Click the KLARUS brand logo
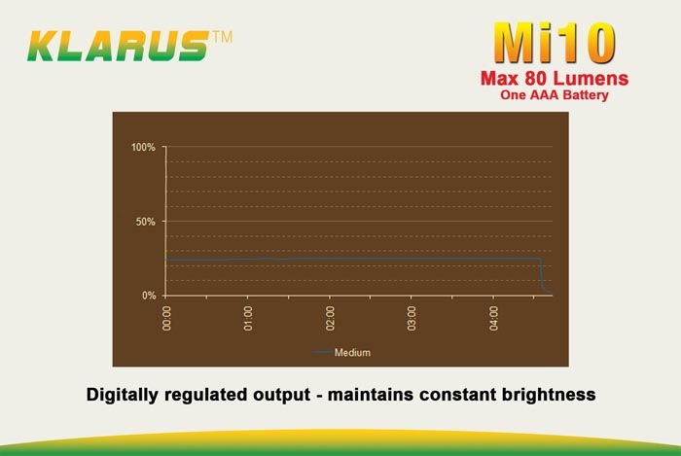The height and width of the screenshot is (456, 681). pos(118,46)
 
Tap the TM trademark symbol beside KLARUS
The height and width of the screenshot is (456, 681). pos(223,37)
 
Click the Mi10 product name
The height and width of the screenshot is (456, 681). pos(555,44)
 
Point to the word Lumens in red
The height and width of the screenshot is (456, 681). pos(591,79)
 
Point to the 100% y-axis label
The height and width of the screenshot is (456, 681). pos(143,148)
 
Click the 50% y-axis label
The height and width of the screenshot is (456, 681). pos(145,222)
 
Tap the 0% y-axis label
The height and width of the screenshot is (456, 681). pos(149,296)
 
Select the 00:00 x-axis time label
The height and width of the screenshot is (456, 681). pos(166,318)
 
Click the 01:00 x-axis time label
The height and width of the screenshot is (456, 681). pos(248,318)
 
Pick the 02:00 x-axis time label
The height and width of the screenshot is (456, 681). pos(330,318)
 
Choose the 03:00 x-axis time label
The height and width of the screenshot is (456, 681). pos(412,318)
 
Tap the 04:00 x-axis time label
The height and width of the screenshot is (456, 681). pos(494,318)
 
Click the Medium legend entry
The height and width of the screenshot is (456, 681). pos(341,352)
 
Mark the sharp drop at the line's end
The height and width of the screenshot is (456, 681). pos(542,274)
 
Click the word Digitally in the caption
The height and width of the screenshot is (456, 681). pos(122,395)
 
